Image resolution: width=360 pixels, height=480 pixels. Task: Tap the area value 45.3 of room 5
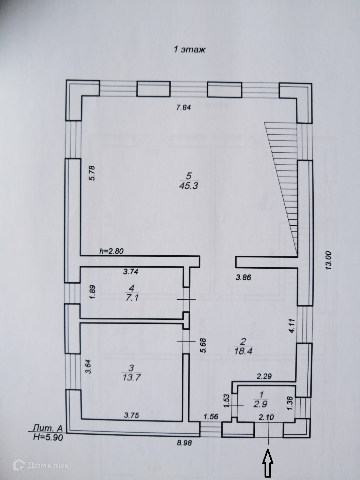tap(189, 186)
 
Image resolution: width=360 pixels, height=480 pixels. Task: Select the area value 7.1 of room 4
tap(132, 298)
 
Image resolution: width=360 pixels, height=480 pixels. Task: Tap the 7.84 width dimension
tap(184, 108)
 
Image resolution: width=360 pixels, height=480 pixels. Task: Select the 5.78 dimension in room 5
tap(92, 173)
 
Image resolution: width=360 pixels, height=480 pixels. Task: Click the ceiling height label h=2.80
tap(111, 251)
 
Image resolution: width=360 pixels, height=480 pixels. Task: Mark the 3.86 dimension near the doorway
tap(243, 277)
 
